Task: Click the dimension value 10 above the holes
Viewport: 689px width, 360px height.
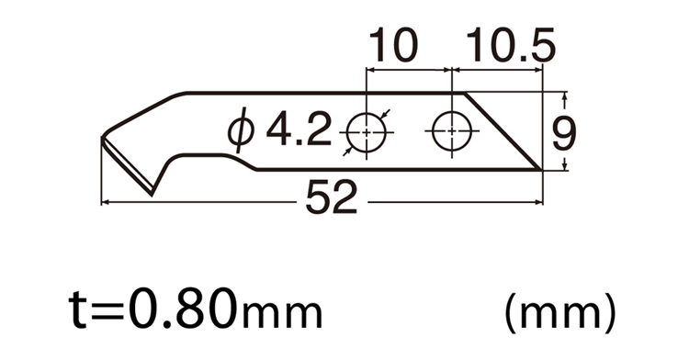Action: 392,45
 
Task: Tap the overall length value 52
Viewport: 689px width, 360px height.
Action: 331,198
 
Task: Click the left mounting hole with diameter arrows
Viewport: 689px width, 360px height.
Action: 367,132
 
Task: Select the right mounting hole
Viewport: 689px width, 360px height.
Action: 452,130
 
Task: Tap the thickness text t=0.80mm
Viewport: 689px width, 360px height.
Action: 196,309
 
